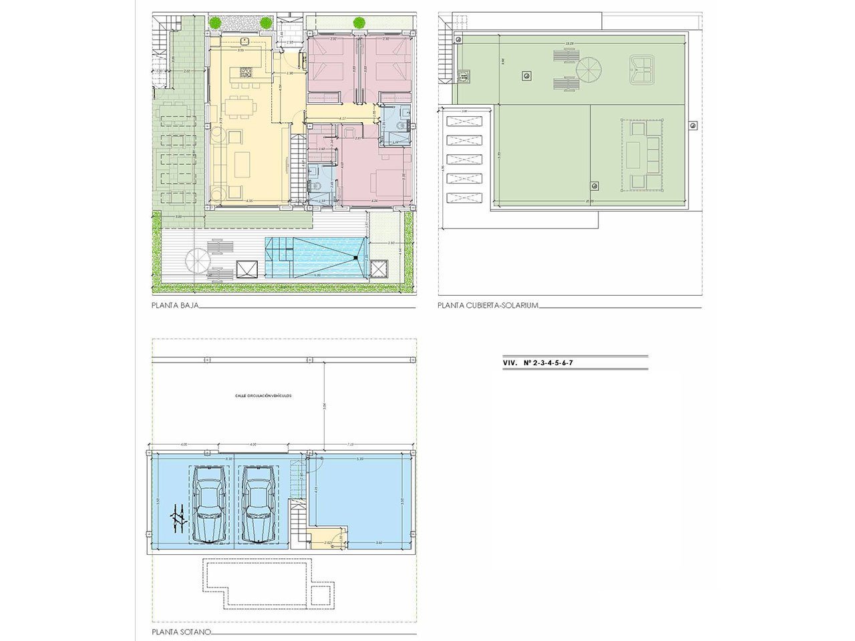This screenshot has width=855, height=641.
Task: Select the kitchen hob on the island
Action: [242, 71]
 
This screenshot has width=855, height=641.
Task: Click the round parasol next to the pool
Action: [198, 259]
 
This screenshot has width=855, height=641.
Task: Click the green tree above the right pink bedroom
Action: [359, 22]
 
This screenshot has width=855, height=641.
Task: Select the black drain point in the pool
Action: [357, 258]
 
